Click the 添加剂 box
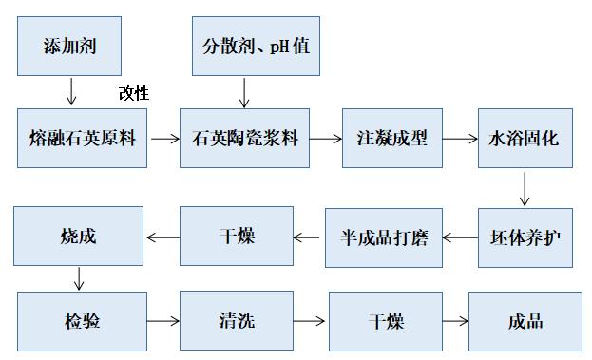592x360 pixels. tap(69, 46)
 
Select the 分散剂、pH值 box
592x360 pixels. tap(256, 46)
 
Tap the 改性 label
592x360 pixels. tap(134, 93)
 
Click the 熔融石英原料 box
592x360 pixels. tap(83, 139)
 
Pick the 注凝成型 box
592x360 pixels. tap(392, 139)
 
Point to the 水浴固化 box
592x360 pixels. tap(524, 139)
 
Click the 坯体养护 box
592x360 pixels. tap(524, 237)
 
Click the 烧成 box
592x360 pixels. tap(78, 237)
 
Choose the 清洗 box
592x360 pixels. tap(232, 322)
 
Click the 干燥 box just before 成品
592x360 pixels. tap(386, 322)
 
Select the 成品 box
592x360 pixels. tap(525, 322)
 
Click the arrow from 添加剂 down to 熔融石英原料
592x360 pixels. tap(69, 91)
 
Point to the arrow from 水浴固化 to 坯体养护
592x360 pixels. tap(524, 189)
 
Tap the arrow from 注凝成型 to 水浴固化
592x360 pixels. tap(460, 139)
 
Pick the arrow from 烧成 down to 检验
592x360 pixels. tap(79, 279)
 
